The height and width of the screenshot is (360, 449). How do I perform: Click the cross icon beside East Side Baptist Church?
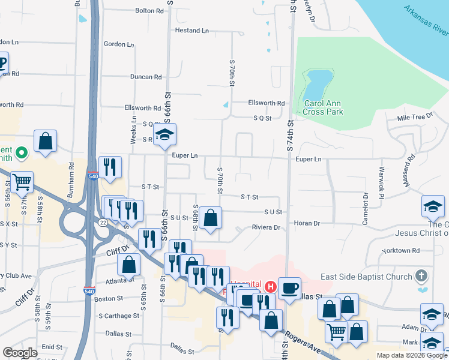422,277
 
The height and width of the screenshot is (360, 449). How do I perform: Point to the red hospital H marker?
271,287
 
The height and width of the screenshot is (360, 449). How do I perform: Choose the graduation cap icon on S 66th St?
164,136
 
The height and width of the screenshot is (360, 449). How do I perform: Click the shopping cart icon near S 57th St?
22,182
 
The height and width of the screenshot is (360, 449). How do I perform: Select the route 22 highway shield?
103,223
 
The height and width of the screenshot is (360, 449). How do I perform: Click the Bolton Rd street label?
149,11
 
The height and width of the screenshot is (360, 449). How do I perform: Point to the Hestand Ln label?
192,30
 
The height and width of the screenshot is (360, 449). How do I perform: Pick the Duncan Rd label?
146,77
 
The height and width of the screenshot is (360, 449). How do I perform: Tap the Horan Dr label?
307,223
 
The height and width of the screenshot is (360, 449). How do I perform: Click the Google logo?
20,353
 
